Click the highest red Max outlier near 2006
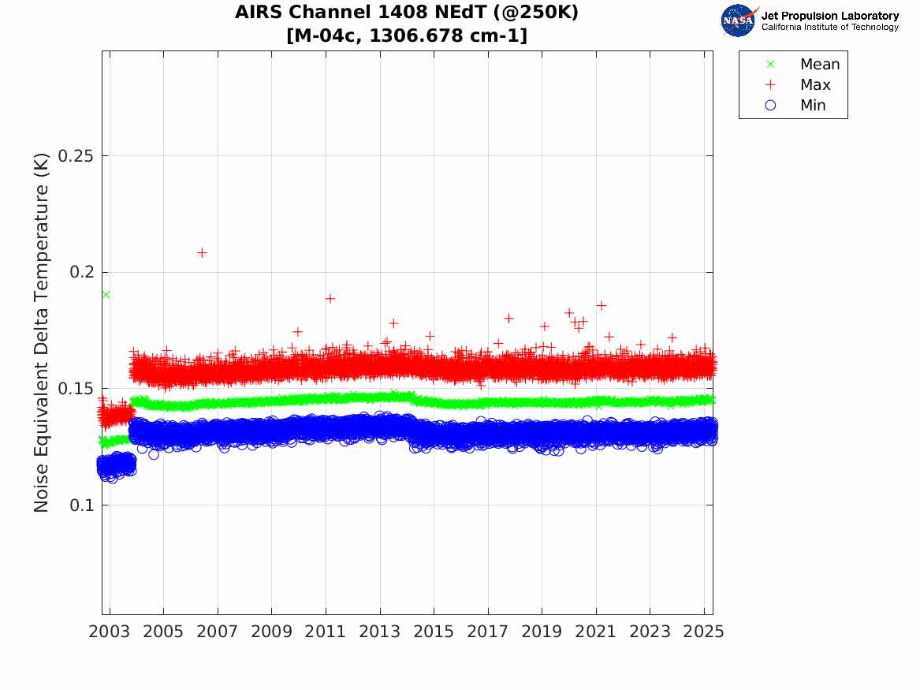click(202, 252)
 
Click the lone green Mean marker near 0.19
click(106, 294)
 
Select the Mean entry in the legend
click(819, 64)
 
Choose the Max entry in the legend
click(814, 84)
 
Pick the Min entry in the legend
click(813, 105)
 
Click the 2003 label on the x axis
click(110, 632)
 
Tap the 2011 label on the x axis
click(326, 632)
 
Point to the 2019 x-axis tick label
click(542, 632)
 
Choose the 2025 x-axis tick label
click(703, 632)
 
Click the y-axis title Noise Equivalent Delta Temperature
click(42, 332)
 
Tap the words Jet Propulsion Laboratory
click(829, 16)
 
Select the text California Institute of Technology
click(829, 28)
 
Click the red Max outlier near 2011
click(330, 298)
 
